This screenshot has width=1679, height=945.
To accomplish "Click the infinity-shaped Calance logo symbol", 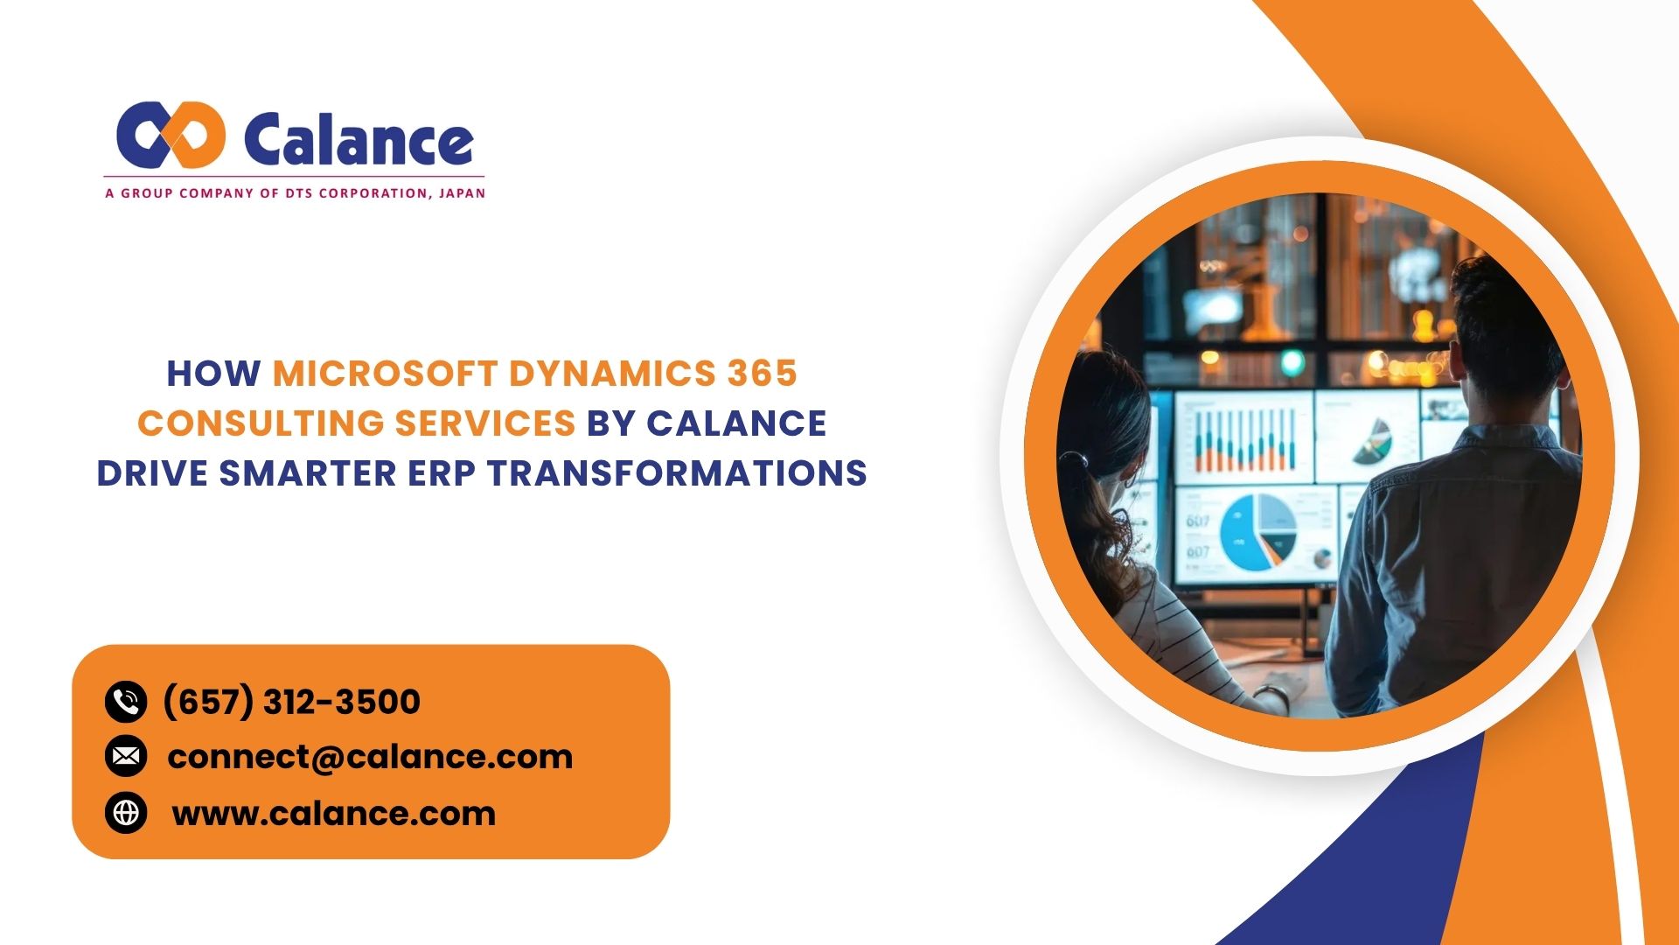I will [x=171, y=135].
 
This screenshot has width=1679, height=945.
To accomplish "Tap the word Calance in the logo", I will [x=359, y=140].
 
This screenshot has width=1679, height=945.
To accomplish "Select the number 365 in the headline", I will [x=763, y=374].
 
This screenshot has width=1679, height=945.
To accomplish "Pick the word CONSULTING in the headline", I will [x=260, y=423].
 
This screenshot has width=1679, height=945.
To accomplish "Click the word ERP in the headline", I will [x=442, y=473].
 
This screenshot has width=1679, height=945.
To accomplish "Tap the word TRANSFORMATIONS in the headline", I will [x=677, y=473].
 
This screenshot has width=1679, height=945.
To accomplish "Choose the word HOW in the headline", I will [x=213, y=374].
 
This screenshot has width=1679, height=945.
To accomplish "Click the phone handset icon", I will [x=126, y=702].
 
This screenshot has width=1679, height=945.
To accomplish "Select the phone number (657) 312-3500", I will [x=291, y=702].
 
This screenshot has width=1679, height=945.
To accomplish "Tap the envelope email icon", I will [x=126, y=757].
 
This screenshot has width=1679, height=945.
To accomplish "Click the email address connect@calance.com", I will [x=369, y=757].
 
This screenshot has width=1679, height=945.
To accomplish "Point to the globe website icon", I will [x=126, y=813].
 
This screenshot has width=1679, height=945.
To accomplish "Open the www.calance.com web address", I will [x=333, y=814].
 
